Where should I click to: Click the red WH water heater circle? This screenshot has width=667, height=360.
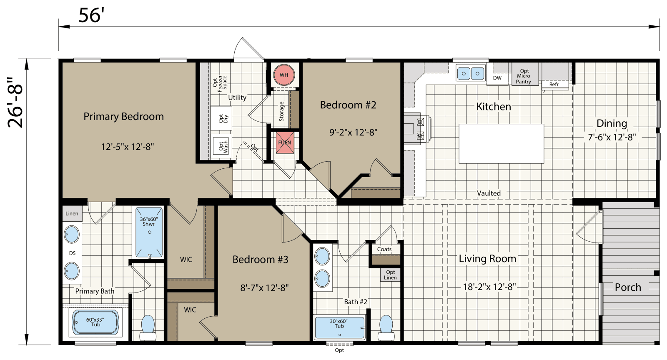284,75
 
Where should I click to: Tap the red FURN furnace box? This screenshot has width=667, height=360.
284,142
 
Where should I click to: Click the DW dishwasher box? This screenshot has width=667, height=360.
497,78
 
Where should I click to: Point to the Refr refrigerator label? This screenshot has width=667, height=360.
554,84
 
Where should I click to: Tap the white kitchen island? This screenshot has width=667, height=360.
501,143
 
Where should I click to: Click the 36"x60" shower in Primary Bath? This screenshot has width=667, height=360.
149,232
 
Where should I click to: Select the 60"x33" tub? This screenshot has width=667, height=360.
95,322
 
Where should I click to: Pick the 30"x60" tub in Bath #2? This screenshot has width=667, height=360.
339,327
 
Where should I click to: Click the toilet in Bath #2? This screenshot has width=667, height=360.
386,327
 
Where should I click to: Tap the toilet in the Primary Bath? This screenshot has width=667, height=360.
148,327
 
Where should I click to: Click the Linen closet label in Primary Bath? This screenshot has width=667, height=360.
72,213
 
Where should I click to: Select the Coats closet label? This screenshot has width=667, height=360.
384,249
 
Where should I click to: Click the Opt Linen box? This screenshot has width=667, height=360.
390,275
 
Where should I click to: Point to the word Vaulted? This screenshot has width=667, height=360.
489,193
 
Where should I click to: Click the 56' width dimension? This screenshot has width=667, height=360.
91,15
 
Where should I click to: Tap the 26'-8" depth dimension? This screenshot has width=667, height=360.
15,102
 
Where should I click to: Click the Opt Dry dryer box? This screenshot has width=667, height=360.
221,118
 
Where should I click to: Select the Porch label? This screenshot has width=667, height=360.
628,287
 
